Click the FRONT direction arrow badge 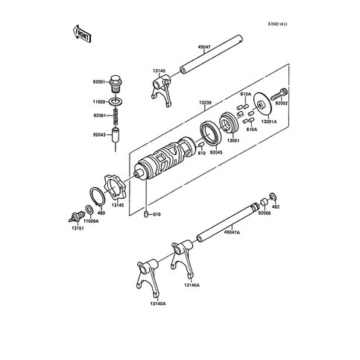click(x=81, y=33)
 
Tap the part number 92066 click(x=265, y=213)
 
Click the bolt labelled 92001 click(x=116, y=81)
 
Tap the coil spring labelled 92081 click(x=116, y=116)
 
